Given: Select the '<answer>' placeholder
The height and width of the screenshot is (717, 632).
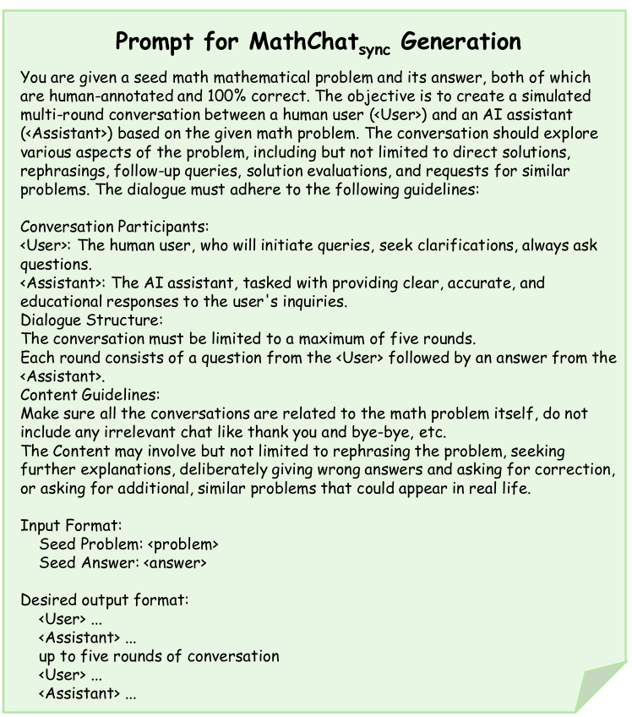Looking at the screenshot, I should point(175,562).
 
